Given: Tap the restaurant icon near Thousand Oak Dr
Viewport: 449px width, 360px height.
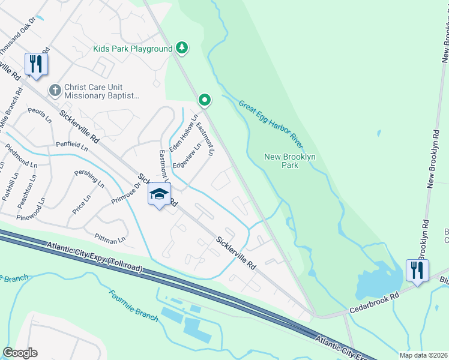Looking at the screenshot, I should pyautogui.click(x=35, y=64).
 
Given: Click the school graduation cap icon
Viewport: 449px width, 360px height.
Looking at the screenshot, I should pyautogui.click(x=159, y=194).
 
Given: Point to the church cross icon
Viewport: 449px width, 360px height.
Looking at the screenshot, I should pyautogui.click(x=55, y=90).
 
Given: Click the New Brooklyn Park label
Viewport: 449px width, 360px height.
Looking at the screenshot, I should pyautogui.click(x=290, y=160).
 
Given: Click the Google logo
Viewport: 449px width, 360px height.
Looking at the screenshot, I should pyautogui.click(x=20, y=353).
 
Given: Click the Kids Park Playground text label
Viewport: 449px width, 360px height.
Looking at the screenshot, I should pyautogui.click(x=133, y=49).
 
